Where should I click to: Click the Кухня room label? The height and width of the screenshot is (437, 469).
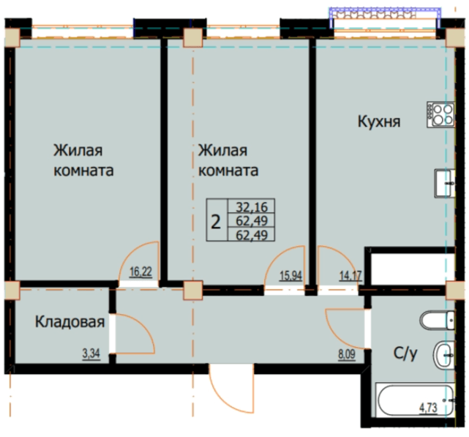(x=378, y=121)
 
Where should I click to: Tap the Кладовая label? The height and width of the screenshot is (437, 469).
(x=70, y=321)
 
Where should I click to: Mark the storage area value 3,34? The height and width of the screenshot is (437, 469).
(x=91, y=355)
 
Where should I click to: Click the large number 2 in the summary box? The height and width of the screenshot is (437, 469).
(x=217, y=221)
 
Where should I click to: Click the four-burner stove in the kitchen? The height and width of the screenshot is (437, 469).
(x=441, y=113)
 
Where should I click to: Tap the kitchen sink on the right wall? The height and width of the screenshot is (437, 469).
(x=444, y=182)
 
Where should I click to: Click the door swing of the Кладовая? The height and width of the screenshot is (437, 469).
(x=135, y=333)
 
